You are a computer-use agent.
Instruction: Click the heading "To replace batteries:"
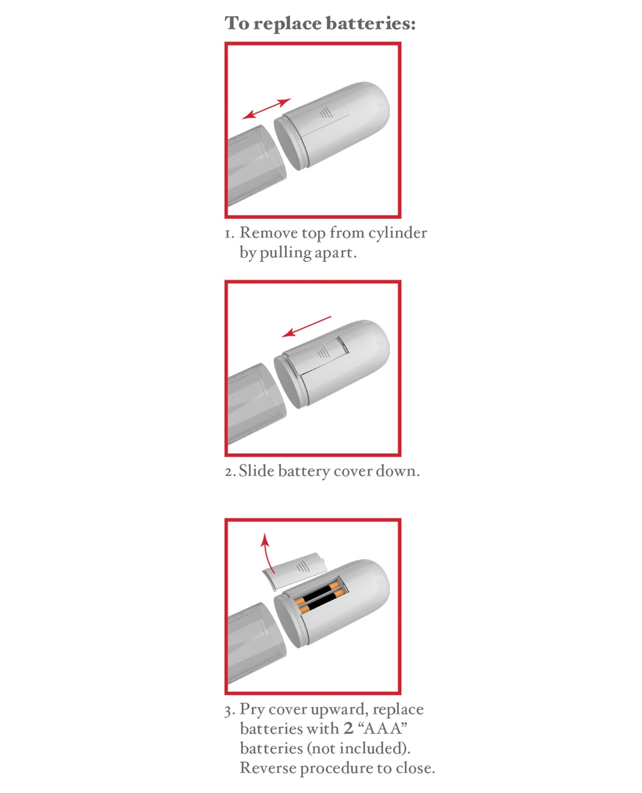[320, 24]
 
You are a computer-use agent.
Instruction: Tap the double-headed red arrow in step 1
[266, 109]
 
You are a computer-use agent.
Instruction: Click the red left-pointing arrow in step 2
[306, 326]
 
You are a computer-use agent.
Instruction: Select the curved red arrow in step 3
[268, 553]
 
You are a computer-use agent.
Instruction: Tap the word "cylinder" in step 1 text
[397, 233]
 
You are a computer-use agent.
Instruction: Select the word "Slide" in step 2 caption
[256, 471]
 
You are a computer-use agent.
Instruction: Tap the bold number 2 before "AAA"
[348, 729]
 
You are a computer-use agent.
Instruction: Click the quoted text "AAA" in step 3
[382, 729]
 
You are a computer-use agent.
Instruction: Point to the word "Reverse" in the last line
[267, 768]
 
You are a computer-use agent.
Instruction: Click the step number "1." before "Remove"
[229, 234]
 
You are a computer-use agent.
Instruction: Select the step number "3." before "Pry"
[230, 710]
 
